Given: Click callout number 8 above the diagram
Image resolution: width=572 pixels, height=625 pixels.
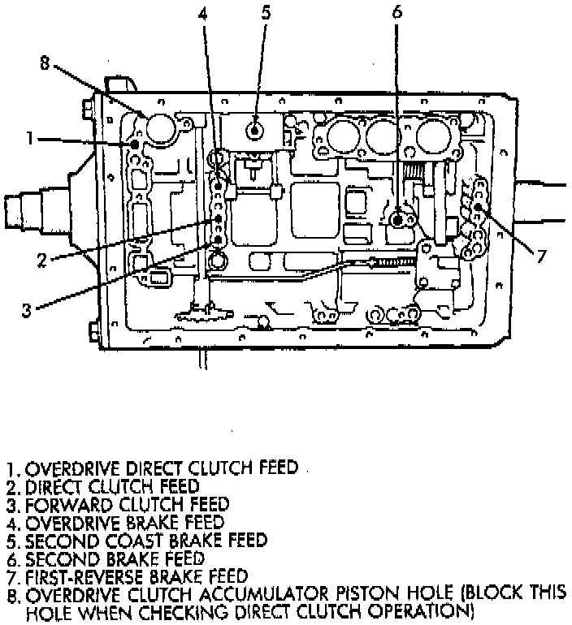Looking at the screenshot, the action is (45, 63).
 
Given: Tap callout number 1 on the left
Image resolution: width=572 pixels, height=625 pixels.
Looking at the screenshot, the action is (29, 138).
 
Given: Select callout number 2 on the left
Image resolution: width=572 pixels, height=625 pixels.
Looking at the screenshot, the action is (42, 261).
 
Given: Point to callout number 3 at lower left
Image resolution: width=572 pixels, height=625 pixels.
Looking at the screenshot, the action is (26, 310).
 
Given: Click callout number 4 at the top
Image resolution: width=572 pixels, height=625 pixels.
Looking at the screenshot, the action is (203, 13).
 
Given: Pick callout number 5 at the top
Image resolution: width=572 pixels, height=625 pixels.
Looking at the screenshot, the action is (266, 12).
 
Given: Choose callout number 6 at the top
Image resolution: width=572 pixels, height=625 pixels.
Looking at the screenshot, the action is (396, 12).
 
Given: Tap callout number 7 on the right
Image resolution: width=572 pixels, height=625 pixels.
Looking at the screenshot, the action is (541, 256).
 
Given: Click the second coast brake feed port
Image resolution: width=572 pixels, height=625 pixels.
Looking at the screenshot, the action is (253, 131).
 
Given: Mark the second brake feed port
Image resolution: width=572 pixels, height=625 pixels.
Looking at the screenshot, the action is (397, 220).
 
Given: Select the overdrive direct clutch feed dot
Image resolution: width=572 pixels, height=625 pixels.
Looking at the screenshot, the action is (134, 144).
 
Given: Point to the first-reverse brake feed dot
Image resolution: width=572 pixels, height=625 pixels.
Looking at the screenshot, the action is (478, 206).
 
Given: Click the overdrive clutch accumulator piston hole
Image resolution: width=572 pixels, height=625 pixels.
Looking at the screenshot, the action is (160, 127).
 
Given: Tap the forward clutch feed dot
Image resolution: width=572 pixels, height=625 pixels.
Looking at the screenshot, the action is (218, 239).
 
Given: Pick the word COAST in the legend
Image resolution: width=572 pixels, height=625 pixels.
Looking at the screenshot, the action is (135, 541).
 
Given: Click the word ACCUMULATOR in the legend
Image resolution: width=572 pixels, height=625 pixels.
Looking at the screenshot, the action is (264, 595).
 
